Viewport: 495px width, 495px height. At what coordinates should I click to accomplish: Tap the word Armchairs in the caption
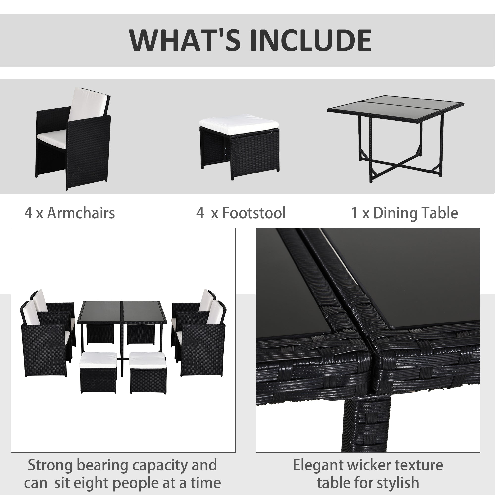coord(81,213)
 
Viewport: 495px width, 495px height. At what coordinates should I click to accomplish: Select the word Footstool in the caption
coord(254,213)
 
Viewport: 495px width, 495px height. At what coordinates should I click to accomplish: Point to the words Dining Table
coord(415,213)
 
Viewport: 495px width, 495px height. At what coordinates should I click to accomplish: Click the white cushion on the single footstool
coord(239,121)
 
